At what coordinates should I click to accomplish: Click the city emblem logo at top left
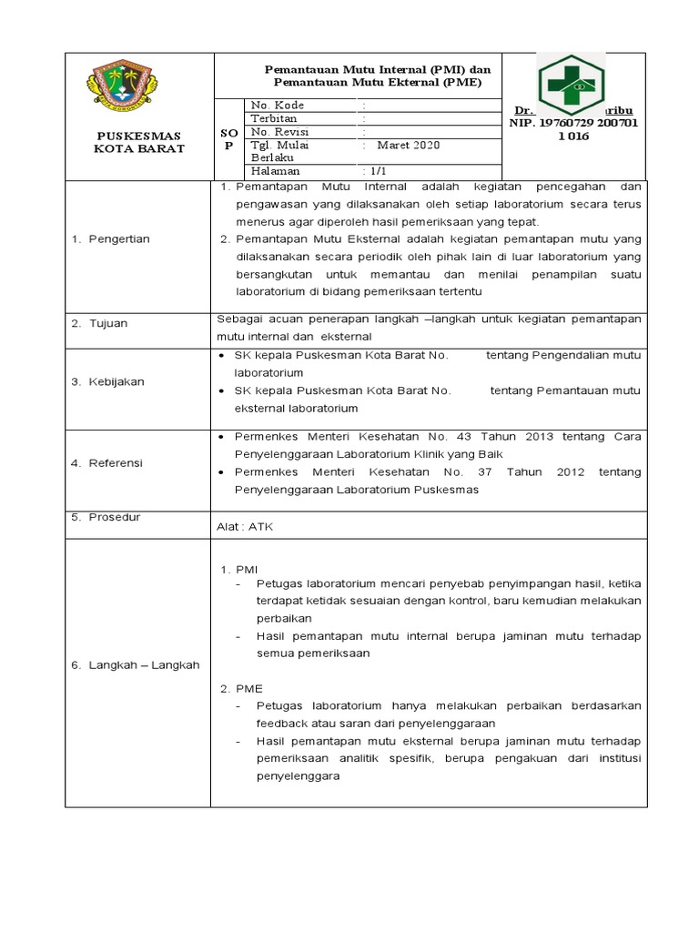click(138, 86)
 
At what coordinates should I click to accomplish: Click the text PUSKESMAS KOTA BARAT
click(139, 141)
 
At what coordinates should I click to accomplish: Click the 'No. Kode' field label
click(278, 106)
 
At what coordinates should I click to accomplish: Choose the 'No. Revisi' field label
click(280, 131)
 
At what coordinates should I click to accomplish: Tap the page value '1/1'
click(376, 170)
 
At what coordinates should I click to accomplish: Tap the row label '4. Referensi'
click(106, 463)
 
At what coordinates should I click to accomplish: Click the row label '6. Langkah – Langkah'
click(135, 665)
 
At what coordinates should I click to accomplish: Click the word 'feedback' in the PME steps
click(284, 724)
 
